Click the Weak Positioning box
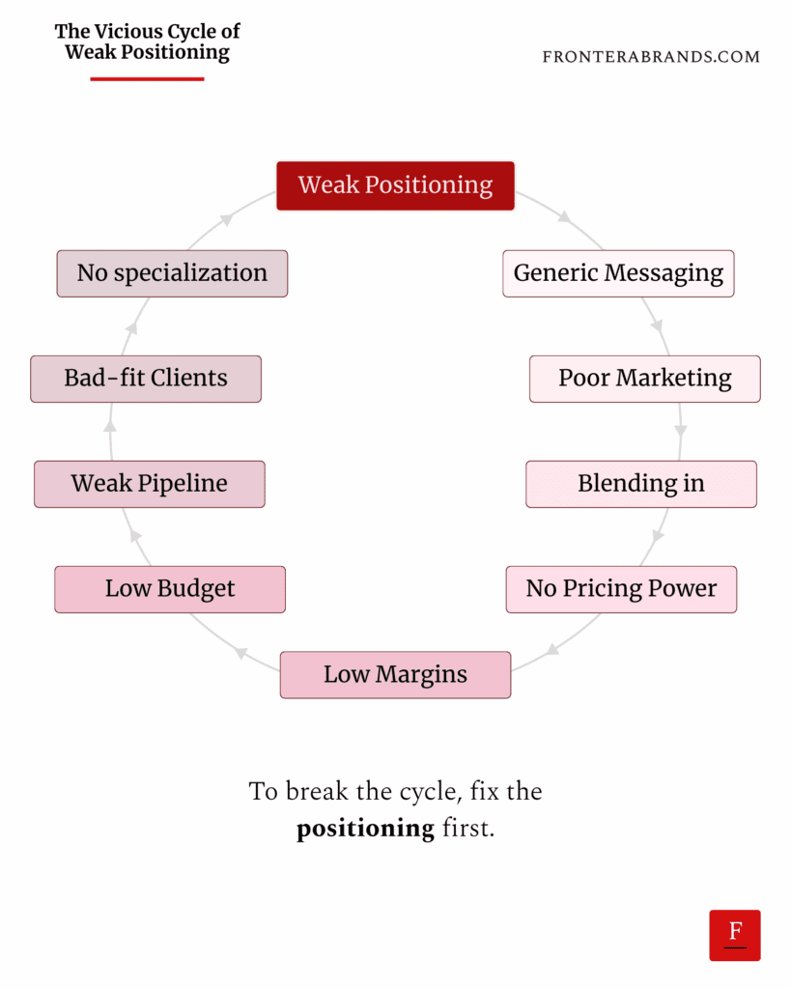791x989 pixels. click(x=395, y=185)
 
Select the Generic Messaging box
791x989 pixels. click(x=618, y=273)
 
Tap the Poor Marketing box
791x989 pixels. click(x=644, y=379)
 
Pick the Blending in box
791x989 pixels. click(x=640, y=484)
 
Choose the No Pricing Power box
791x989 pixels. click(x=621, y=589)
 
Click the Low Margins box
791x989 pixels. click(x=395, y=674)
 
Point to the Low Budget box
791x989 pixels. click(x=170, y=589)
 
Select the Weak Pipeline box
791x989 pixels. click(x=150, y=484)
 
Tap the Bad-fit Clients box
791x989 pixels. click(x=146, y=379)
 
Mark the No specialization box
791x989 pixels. click(x=172, y=273)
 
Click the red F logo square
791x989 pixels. click(x=735, y=935)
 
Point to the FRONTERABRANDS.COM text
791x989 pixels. click(x=651, y=57)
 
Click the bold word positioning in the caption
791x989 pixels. click(x=365, y=829)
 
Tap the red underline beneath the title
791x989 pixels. click(x=147, y=78)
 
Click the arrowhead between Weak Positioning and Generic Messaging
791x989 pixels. click(x=564, y=219)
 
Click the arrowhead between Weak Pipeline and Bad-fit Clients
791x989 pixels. click(x=110, y=425)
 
